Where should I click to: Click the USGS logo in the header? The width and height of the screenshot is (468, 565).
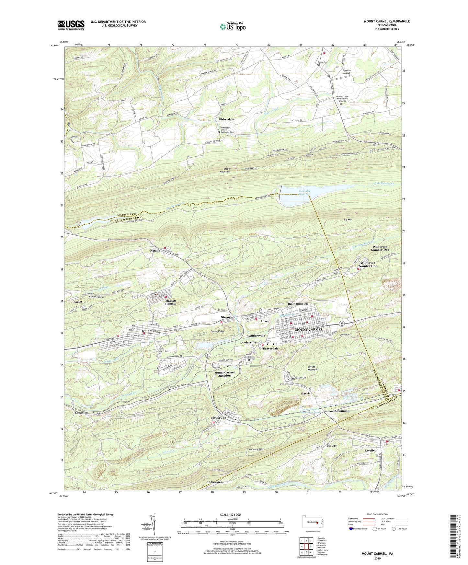(71, 25)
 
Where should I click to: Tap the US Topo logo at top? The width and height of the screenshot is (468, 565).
(232, 27)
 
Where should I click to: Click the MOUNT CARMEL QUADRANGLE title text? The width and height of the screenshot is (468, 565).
(387, 21)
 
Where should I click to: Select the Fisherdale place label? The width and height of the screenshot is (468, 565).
(226, 119)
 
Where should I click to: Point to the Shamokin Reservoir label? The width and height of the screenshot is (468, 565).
(304, 193)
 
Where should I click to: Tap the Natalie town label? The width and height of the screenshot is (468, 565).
(155, 251)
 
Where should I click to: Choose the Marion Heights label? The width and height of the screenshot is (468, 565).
(171, 302)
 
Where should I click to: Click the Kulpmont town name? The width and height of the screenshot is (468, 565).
(150, 331)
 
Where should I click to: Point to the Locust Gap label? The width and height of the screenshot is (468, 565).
(219, 418)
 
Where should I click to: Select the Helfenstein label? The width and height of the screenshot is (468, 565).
(215, 482)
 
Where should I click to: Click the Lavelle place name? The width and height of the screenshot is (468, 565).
(370, 450)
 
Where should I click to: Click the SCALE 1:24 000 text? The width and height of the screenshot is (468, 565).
(230, 515)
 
